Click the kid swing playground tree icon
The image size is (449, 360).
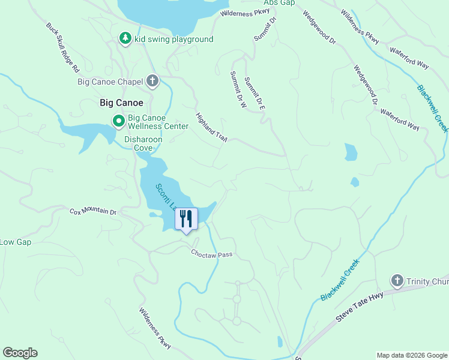coord(125,38)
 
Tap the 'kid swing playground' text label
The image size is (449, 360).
coord(173,40)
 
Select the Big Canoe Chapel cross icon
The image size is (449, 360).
coord(152,81)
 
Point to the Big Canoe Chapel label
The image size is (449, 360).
coord(110,82)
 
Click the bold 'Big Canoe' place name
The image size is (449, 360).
coord(121,103)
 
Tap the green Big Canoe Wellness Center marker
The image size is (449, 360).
coord(119,121)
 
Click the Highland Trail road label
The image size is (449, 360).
coord(212,127)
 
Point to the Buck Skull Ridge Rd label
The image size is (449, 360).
coord(62,44)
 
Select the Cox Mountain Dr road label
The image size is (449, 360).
coord(92,211)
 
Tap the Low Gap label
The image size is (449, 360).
coord(15,242)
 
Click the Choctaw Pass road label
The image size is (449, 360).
coord(211,254)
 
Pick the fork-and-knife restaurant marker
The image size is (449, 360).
coord(186,219)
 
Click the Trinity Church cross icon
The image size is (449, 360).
coord(396,280)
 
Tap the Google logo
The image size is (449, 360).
coord(20,353)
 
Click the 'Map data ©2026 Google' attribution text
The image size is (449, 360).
coord(412,355)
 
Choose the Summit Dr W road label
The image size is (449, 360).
coord(239,89)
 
